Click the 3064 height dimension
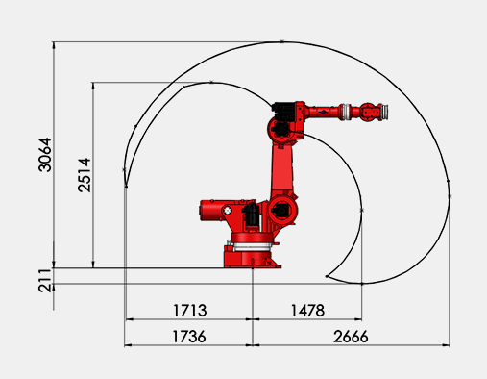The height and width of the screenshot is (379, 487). click(x=45, y=155)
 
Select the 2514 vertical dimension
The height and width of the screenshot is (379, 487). click(x=85, y=175)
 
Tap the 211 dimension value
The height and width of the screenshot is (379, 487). click(x=45, y=281)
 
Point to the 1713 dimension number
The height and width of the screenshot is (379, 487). click(x=190, y=311)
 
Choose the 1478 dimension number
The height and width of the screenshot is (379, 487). click(x=307, y=311)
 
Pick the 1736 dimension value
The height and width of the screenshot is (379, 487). click(x=189, y=337)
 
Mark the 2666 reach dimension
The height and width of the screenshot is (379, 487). click(x=351, y=337)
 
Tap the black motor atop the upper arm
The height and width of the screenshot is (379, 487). click(x=283, y=111)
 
